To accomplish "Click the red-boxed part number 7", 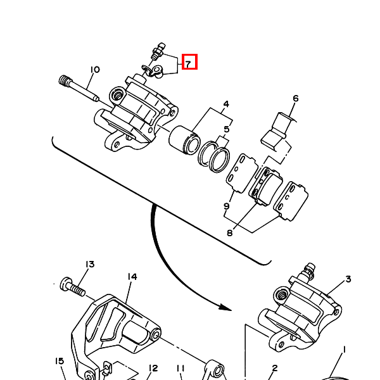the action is pyautogui.click(x=188, y=63).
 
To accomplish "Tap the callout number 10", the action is pyautogui.click(x=95, y=70).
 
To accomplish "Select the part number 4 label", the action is pyautogui.click(x=226, y=104).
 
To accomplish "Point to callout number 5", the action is pyautogui.click(x=227, y=129).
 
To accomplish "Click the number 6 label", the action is pyautogui.click(x=296, y=98).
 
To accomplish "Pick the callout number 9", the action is pyautogui.click(x=226, y=206).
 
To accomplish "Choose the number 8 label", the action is pyautogui.click(x=230, y=233).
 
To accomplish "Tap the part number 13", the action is pyautogui.click(x=90, y=264).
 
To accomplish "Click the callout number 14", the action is pyautogui.click(x=132, y=277).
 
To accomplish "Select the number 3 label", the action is pyautogui.click(x=348, y=279).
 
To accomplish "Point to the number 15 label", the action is pyautogui.click(x=60, y=361).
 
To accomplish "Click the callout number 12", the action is pyautogui.click(x=153, y=369).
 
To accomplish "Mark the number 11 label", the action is pyautogui.click(x=180, y=369).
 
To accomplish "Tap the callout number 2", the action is pyautogui.click(x=275, y=368).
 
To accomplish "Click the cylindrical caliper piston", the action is pyautogui.click(x=185, y=140).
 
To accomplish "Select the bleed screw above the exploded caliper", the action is pyautogui.click(x=158, y=51).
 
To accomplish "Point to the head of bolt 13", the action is pyautogui.click(x=66, y=284).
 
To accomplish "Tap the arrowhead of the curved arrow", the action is pyautogui.click(x=225, y=308).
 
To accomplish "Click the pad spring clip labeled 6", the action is pyautogui.click(x=278, y=130).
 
